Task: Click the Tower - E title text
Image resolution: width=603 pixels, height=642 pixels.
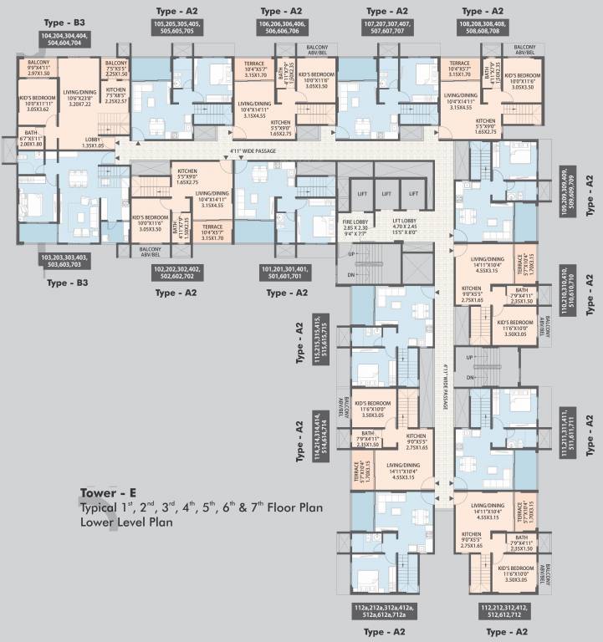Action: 110,492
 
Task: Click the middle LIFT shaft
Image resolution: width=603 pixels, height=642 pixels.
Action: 385,193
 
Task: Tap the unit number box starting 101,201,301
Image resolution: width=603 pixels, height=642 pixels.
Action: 284,273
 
